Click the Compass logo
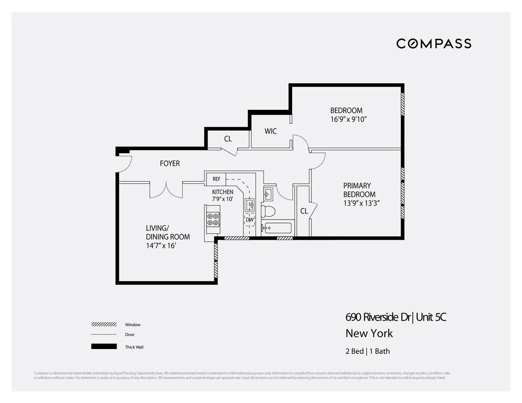click(x=434, y=44)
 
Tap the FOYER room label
click(x=170, y=163)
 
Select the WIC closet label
click(x=271, y=131)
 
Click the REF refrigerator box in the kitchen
click(x=217, y=179)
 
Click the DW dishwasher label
click(x=250, y=220)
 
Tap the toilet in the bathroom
click(x=268, y=211)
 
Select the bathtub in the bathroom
click(x=277, y=228)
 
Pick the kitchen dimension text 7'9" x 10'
click(x=223, y=199)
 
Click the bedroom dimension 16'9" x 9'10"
click(x=348, y=119)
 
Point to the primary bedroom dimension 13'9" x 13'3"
click(x=361, y=203)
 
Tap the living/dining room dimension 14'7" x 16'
click(x=161, y=245)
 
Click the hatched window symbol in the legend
click(x=104, y=324)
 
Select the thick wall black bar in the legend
click(x=104, y=347)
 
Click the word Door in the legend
click(x=130, y=334)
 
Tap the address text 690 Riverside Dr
click(x=378, y=317)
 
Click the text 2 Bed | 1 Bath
click(x=367, y=351)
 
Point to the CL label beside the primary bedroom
click(x=304, y=211)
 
